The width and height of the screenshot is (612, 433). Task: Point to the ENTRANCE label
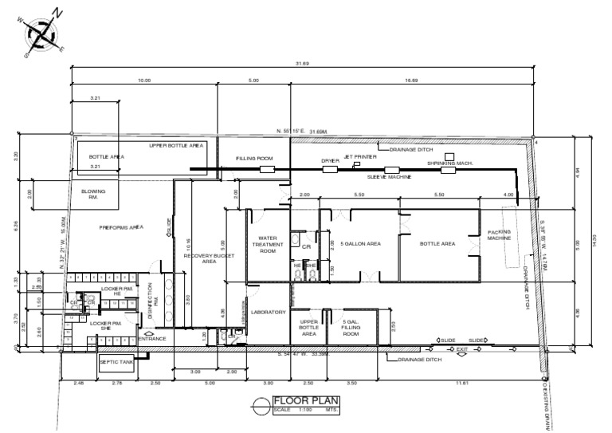click(151, 339)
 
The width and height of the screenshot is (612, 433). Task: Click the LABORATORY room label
click(268, 312)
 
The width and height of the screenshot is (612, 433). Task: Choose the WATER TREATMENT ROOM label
click(267, 244)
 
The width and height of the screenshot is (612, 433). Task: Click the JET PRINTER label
click(359, 157)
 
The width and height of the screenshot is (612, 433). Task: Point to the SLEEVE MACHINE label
click(389, 176)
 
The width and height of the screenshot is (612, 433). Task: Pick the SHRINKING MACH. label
click(450, 163)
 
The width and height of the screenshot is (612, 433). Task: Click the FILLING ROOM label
click(254, 159)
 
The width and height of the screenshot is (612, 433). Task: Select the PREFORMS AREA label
click(120, 227)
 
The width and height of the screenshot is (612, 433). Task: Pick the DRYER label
click(330, 161)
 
